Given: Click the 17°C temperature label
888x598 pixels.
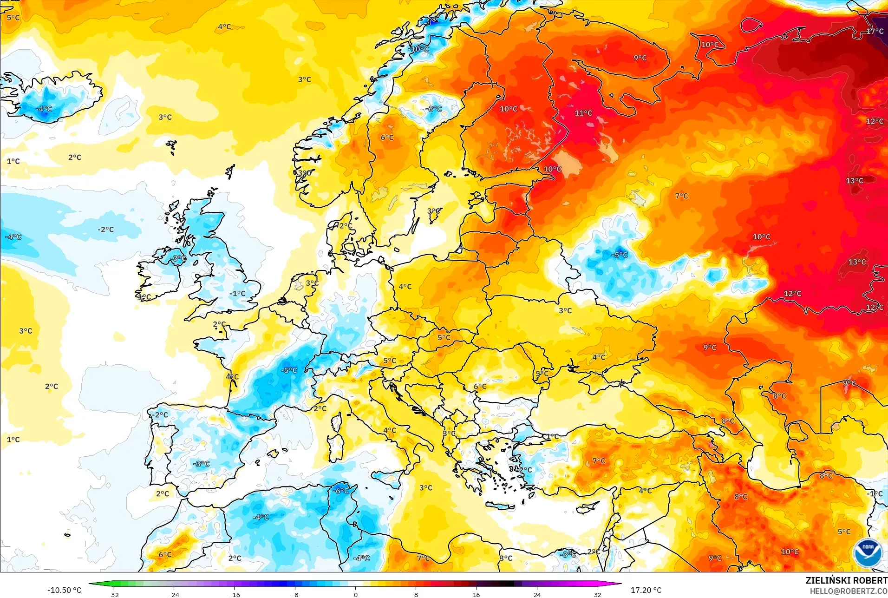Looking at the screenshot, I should tap(875, 31).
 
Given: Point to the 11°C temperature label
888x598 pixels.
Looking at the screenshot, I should tap(583, 113).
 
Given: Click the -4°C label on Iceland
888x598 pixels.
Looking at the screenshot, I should tap(44, 109).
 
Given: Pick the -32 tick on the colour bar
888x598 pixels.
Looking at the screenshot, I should tap(113, 594).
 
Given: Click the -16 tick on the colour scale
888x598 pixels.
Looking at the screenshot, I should tap(235, 594).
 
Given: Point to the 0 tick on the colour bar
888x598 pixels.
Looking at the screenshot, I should tap(356, 594).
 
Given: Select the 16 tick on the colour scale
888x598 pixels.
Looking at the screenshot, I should tap(476, 594).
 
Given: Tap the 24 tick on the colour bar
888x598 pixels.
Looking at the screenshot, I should tap(537, 594).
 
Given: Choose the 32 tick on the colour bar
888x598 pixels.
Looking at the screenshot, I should tap(597, 594).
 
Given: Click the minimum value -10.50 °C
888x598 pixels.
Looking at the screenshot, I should tap(64, 590).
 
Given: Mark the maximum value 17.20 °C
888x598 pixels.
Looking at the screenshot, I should tap(646, 590).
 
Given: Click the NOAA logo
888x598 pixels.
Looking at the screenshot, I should tap(868, 552).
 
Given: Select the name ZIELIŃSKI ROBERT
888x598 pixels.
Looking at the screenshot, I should tap(846, 580).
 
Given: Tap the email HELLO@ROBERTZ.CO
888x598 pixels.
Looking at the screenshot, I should tap(849, 591).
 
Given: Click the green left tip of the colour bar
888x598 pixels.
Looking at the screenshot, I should tap(91, 584).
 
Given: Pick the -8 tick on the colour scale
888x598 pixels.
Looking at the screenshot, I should tap(295, 594).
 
